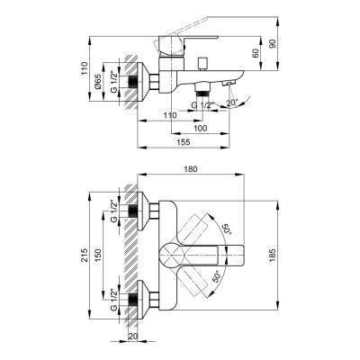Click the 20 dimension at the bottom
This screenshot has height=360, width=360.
134,338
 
